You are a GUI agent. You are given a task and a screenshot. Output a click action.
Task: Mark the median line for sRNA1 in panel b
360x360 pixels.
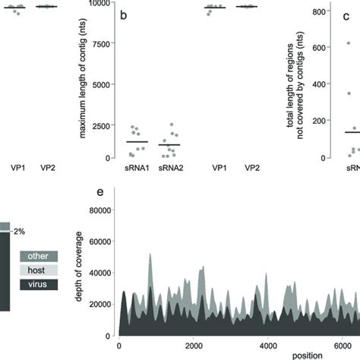point(137,142)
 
